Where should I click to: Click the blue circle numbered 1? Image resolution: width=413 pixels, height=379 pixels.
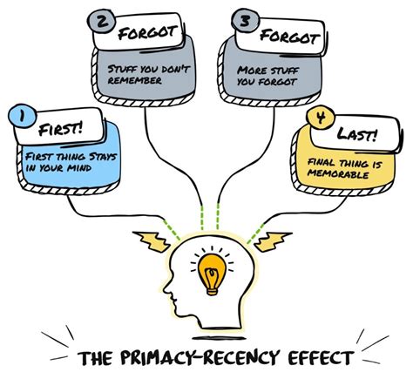[23, 116]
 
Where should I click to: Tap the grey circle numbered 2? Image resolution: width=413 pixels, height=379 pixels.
[101, 23]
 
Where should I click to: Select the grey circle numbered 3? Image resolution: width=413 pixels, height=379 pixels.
[246, 22]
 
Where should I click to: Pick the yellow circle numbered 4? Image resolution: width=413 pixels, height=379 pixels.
[321, 118]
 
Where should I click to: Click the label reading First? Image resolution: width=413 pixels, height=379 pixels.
[60, 129]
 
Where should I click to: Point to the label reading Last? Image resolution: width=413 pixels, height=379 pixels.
[357, 134]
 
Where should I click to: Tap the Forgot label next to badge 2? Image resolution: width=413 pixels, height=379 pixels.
[147, 33]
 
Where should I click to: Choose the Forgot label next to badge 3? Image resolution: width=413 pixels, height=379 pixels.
[289, 37]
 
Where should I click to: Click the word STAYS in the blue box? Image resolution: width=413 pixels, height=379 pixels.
[103, 157]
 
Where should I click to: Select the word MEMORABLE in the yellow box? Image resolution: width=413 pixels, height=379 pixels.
[338, 174]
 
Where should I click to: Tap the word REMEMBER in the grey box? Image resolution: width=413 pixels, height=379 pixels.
[135, 80]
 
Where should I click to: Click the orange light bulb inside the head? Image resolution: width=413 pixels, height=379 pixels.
[212, 274]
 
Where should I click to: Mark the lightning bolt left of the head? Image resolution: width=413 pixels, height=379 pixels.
[152, 241]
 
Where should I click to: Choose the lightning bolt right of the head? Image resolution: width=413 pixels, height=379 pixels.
[273, 241]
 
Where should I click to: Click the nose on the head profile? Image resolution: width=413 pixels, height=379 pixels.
[166, 288]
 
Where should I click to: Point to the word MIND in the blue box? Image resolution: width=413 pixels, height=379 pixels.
[79, 168]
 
